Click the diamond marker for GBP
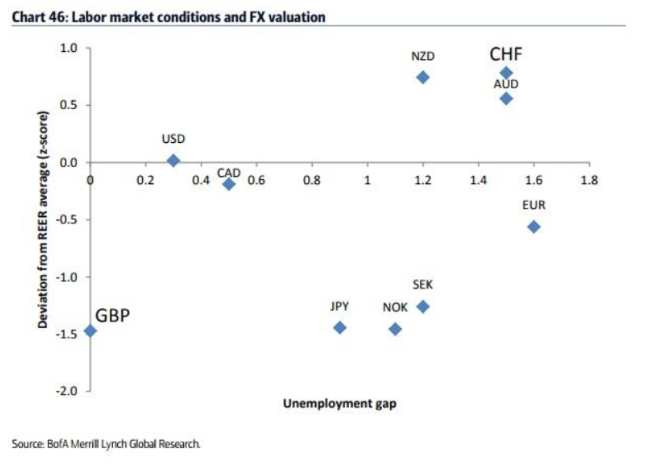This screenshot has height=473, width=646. [x=90, y=331]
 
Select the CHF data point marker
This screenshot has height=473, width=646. [x=506, y=73]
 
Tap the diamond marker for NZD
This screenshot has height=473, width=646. [x=423, y=77]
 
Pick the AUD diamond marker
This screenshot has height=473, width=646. [x=506, y=98]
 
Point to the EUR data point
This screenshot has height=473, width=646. [x=534, y=227]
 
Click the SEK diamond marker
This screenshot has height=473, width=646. [x=423, y=306]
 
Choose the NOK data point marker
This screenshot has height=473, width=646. [x=395, y=329]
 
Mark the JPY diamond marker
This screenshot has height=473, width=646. [x=340, y=328]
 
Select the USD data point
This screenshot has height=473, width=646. [x=173, y=160]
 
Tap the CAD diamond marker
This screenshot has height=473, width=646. [x=229, y=184]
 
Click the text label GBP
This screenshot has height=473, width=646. [x=113, y=316]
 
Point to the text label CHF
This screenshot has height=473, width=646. [x=506, y=54]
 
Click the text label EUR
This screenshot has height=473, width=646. [x=534, y=205]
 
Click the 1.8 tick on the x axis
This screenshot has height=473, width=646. [x=589, y=180]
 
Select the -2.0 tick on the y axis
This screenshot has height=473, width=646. [x=69, y=391]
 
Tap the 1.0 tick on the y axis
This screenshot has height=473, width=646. [x=69, y=48]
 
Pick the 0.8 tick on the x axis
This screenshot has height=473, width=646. [x=312, y=180]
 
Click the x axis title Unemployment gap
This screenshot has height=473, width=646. [x=340, y=403]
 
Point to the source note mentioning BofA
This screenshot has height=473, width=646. [x=106, y=443]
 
